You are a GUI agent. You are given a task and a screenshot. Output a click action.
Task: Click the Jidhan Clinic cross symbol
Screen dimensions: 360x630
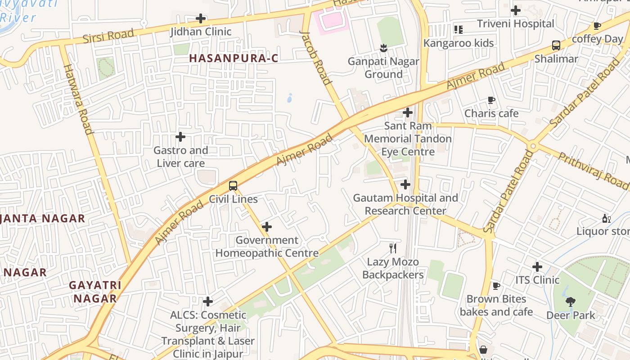(x=201, y=18)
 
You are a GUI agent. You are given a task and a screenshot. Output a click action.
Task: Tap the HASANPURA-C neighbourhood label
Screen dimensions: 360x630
(x=234, y=58)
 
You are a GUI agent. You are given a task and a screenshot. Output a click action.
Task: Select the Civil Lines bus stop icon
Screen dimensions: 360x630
(x=233, y=185)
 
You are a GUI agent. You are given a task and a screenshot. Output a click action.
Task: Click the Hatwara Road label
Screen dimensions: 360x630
(x=78, y=99)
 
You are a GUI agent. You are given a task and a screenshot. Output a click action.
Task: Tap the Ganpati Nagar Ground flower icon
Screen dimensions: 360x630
(x=383, y=47)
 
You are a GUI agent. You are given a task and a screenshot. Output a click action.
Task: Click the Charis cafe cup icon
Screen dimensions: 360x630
(x=491, y=100)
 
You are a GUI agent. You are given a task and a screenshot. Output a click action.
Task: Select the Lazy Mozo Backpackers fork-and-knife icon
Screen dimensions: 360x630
(x=393, y=248)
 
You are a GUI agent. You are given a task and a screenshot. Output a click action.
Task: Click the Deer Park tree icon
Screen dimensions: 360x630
(x=571, y=301)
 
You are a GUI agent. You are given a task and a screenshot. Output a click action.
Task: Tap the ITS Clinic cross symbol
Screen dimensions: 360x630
(x=537, y=266)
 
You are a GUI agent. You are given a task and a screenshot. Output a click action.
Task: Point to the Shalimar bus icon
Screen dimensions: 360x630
(x=556, y=45)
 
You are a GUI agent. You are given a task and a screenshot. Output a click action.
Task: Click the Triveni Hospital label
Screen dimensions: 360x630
(x=515, y=24)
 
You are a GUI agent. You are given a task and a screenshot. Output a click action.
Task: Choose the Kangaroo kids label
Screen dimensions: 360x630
(x=459, y=43)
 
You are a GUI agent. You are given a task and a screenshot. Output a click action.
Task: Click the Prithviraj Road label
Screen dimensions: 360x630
(x=593, y=171)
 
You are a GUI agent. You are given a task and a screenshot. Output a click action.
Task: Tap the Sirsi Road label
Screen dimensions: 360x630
(x=108, y=36)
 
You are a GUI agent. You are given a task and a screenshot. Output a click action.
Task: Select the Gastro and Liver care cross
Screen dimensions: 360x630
(x=180, y=136)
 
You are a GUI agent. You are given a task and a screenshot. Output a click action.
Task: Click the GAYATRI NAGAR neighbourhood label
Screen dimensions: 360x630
(x=95, y=292)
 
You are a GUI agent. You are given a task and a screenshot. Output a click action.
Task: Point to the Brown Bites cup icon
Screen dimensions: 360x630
(x=496, y=286)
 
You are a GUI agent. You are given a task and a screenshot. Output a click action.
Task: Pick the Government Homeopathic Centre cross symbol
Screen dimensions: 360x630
(x=267, y=227)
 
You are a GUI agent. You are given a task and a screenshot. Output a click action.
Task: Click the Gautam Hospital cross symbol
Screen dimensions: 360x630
(x=405, y=184)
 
